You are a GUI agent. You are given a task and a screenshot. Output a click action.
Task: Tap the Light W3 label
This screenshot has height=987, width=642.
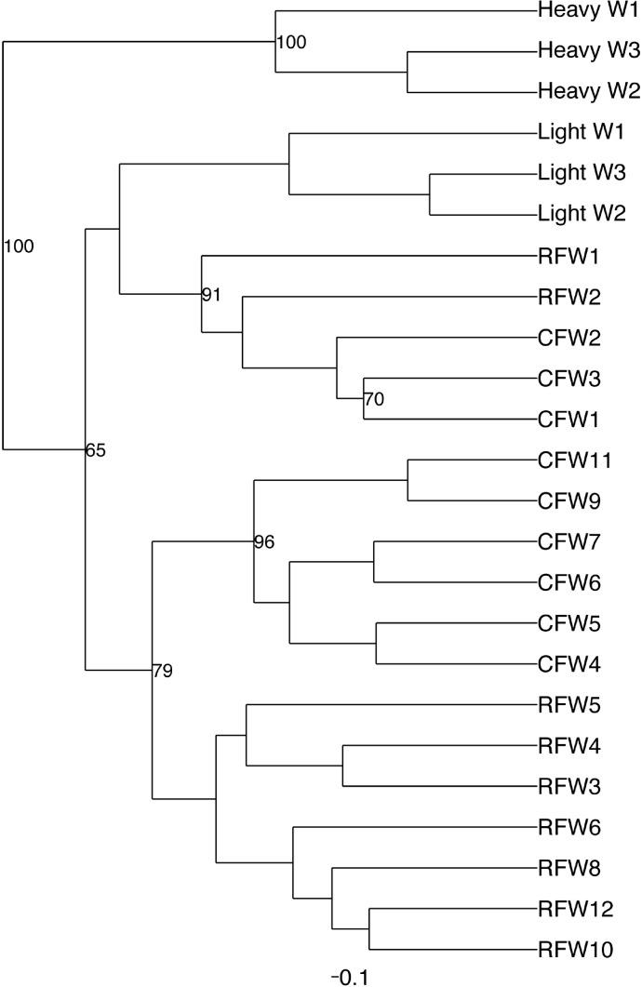[x=582, y=173]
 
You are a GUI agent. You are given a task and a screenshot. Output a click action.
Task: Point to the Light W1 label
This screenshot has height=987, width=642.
[x=582, y=132]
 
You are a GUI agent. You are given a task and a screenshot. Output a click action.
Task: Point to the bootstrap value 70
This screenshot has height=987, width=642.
[x=374, y=400]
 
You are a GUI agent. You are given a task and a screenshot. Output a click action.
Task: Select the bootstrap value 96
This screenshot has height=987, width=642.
[x=264, y=542]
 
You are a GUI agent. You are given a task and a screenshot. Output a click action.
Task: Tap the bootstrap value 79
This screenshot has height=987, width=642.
[x=163, y=671]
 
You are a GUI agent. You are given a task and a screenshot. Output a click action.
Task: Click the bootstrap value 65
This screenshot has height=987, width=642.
[x=96, y=451]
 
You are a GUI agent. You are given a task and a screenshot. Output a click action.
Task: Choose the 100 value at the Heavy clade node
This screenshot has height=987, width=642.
[x=291, y=43]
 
